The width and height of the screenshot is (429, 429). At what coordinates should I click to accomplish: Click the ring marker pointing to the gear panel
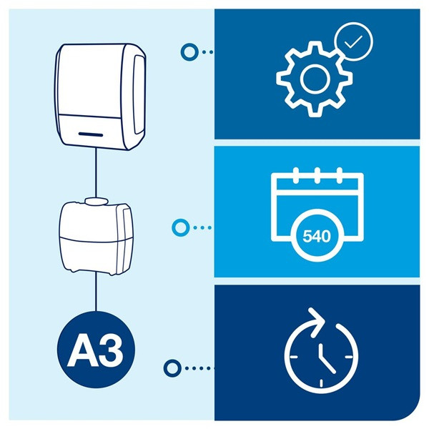click(189, 51)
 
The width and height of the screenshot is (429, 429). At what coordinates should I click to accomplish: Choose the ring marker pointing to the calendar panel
click(180, 227)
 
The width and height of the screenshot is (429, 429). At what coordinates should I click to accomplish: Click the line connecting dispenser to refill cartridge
click(95, 171)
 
